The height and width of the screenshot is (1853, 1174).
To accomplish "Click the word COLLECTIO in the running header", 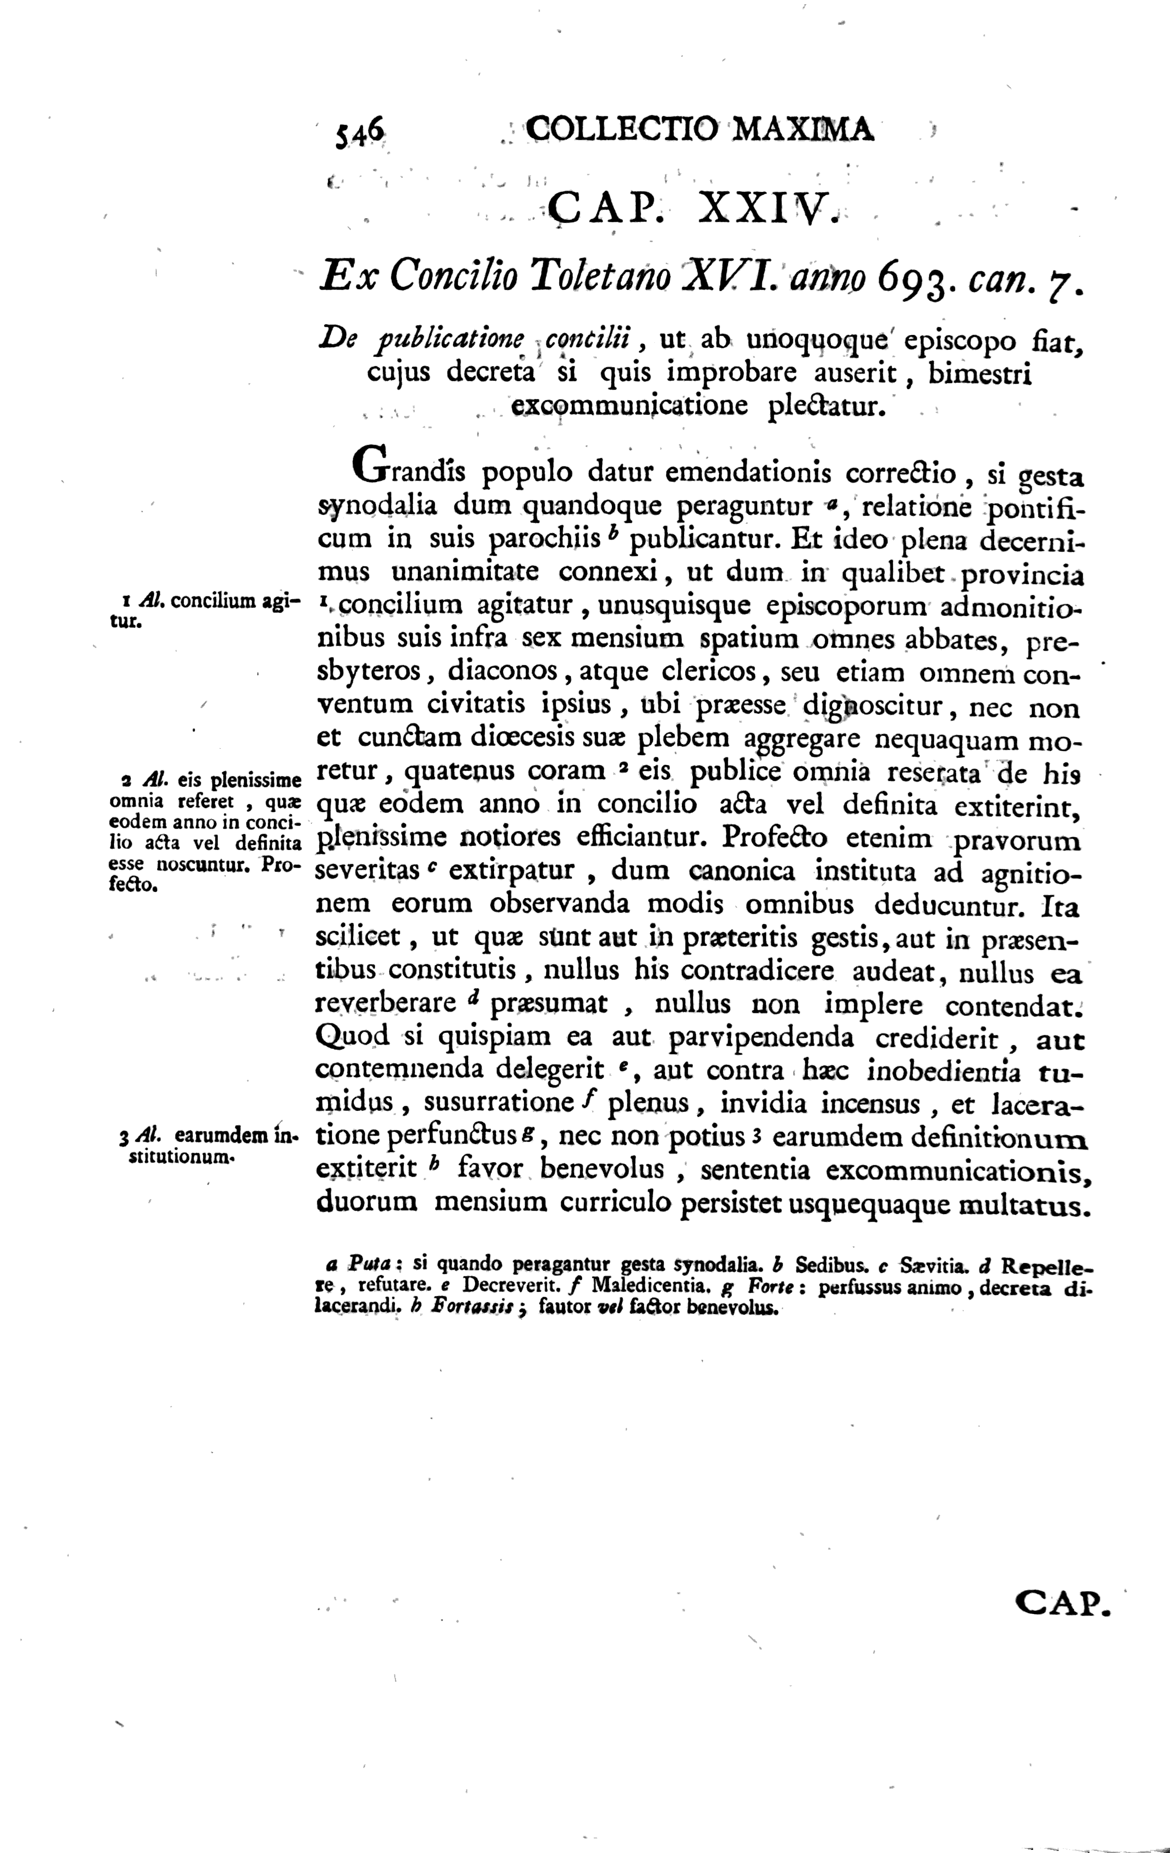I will (x=621, y=129).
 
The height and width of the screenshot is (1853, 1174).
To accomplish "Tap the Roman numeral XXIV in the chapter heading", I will (x=765, y=207).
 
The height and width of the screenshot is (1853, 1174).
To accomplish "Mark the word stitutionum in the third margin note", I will (x=180, y=1156).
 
